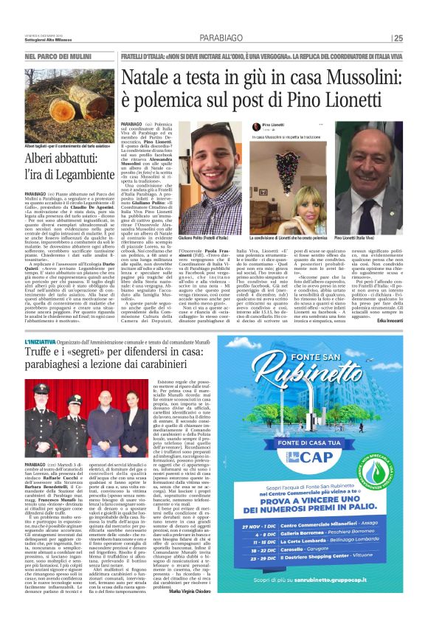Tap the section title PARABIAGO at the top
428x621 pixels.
tap(220, 38)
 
